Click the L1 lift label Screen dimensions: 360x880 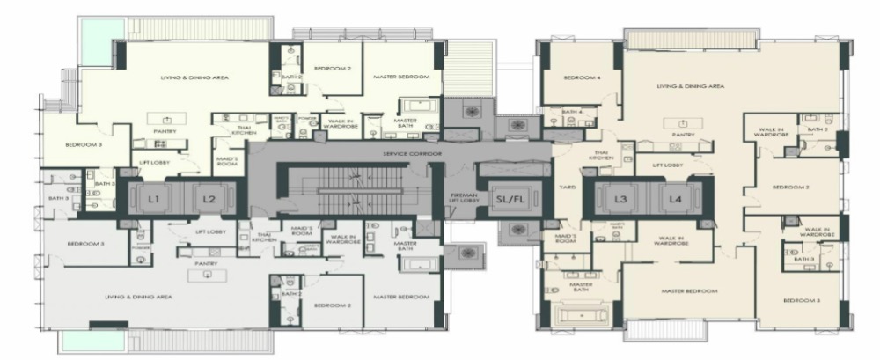pyautogui.click(x=154, y=200)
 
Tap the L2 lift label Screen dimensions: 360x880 pyautogui.click(x=209, y=200)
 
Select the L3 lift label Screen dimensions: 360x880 pyautogui.click(x=620, y=200)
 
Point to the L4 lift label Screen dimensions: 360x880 pyautogui.click(x=675, y=200)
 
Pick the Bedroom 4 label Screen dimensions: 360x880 pyautogui.click(x=582, y=77)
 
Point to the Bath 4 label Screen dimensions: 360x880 pyautogui.click(x=572, y=112)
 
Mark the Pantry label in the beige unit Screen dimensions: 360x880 pyautogui.click(x=683, y=135)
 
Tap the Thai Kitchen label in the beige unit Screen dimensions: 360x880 pyautogui.click(x=602, y=155)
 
